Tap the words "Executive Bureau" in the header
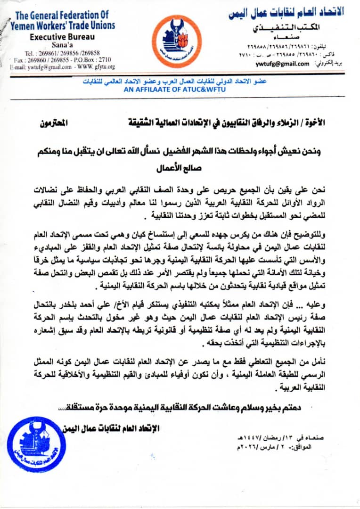pyautogui.click(x=62, y=37)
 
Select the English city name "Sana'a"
pyautogui.click(x=62, y=45)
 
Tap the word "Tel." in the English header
pyautogui.click(x=33, y=53)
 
